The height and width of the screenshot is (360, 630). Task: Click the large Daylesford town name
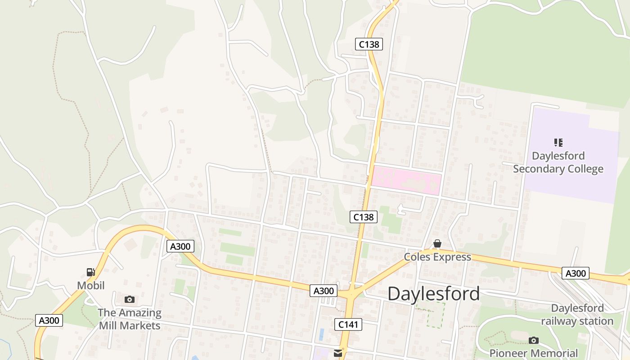(433, 294)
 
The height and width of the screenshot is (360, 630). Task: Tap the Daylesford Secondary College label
(558, 162)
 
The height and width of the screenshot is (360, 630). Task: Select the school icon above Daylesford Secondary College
(558, 143)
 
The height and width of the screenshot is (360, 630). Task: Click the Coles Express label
(437, 257)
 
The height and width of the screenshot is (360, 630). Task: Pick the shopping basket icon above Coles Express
(437, 244)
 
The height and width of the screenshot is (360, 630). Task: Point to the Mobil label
(91, 285)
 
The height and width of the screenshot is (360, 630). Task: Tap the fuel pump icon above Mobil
(91, 272)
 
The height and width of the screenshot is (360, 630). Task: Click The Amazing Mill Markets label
(130, 319)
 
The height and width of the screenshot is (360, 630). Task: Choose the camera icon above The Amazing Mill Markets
(130, 299)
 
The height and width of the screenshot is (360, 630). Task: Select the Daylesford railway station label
(577, 315)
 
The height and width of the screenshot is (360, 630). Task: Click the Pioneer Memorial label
(533, 353)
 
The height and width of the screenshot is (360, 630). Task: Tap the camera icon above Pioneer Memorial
(533, 340)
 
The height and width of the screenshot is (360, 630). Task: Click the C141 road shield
(348, 324)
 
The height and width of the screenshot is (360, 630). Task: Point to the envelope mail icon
(338, 354)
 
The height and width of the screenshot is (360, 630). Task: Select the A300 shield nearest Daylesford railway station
(576, 273)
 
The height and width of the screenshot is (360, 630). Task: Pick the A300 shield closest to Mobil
(49, 320)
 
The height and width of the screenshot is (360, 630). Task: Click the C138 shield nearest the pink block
(363, 217)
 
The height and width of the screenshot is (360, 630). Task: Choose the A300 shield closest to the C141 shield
(323, 291)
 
